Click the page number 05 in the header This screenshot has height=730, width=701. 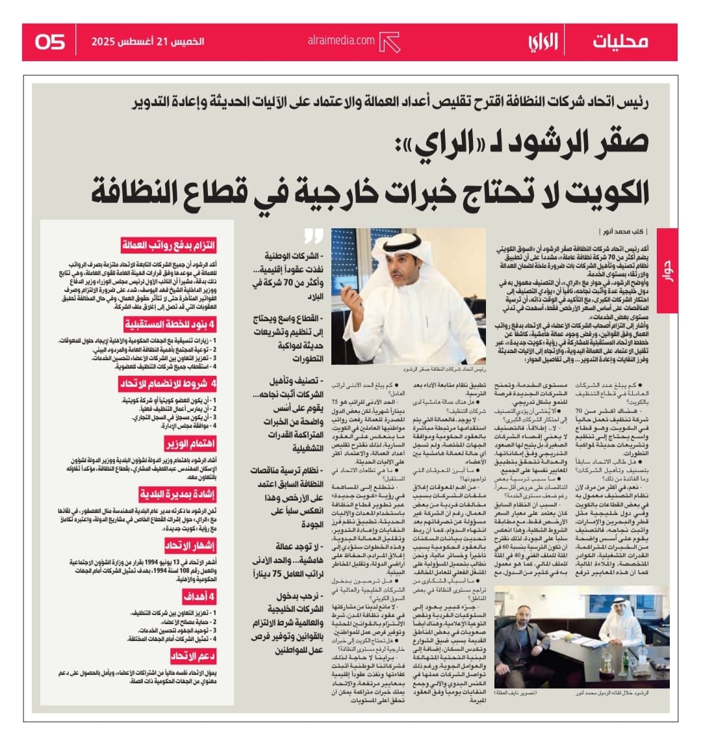50,42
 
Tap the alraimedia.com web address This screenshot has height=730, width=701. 341,41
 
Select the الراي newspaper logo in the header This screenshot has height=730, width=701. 542,42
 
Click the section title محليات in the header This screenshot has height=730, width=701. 620,42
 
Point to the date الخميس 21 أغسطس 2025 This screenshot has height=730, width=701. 148,42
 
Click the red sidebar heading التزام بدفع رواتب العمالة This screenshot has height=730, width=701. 168,246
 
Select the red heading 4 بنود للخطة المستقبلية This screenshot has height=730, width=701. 170,325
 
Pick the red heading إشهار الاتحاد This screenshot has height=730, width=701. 190,545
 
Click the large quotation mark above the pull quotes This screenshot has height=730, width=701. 314,236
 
